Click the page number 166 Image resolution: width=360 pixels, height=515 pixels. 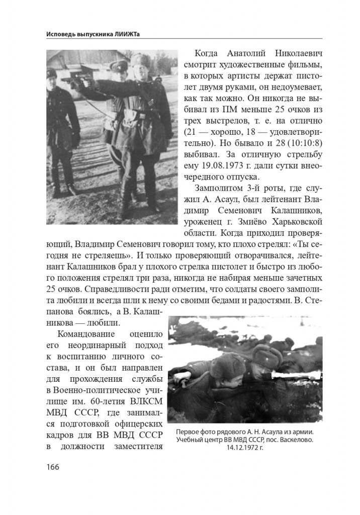click(x=52, y=467)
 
